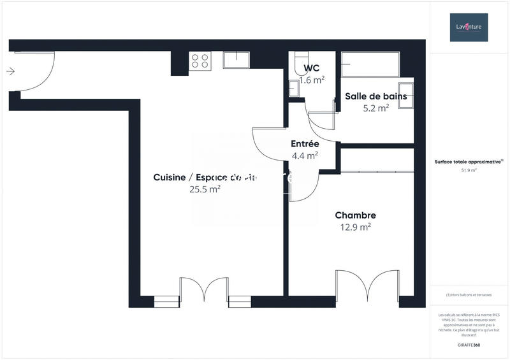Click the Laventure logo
pos(469,27)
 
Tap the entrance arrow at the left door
pos(10,71)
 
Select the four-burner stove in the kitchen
pos(200,61)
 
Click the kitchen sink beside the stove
pos(236,60)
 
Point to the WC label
pos(312,68)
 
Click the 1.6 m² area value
pos(312,80)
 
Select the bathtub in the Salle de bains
pos(370,64)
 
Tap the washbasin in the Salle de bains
pos(405,95)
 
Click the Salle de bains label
pos(375,96)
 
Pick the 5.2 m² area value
pos(375,108)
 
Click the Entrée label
pos(305,143)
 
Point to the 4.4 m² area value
pos(305,155)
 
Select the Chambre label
pos(355,215)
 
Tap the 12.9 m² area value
pos(355,227)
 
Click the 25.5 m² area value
pos(205,189)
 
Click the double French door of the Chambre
pos(368,286)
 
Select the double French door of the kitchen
pos(204,291)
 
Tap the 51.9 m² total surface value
pos(469,171)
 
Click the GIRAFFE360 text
pos(469,344)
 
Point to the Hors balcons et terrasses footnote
pos(469,294)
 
